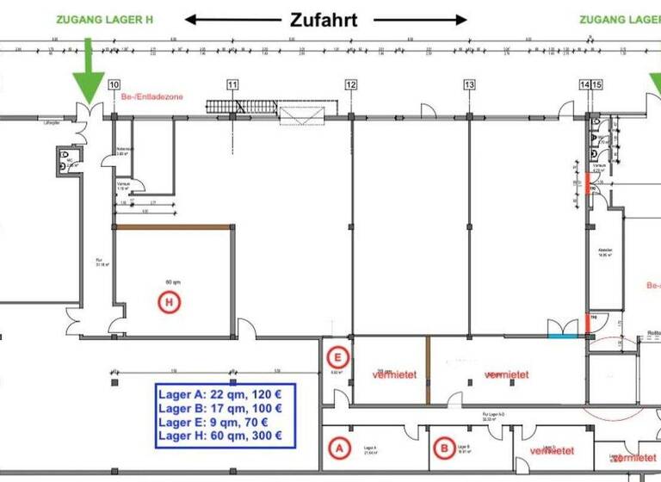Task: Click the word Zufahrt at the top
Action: click(x=323, y=19)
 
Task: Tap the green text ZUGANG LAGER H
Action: click(x=98, y=18)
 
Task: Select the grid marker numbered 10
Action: click(x=114, y=84)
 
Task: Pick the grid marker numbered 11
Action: click(x=232, y=84)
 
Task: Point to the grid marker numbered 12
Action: click(x=350, y=84)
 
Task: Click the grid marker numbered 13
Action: click(x=469, y=84)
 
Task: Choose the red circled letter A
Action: click(x=339, y=448)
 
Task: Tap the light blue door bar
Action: click(x=565, y=335)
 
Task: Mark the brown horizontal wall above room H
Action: click(x=173, y=226)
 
